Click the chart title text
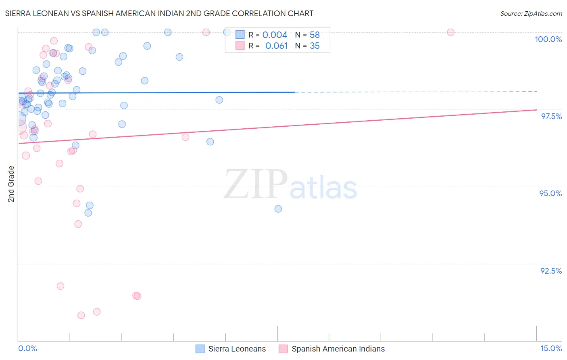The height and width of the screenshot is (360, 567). pyautogui.click(x=159, y=13)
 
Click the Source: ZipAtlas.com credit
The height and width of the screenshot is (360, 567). pyautogui.click(x=531, y=13)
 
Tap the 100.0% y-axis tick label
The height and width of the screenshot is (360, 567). pyautogui.click(x=548, y=39)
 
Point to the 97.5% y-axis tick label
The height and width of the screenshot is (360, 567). pyautogui.click(x=551, y=116)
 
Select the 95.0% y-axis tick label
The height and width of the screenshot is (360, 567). pyautogui.click(x=550, y=193)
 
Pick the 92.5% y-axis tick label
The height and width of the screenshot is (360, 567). pyautogui.click(x=551, y=271)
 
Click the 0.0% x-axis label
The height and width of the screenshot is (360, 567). pyautogui.click(x=27, y=348)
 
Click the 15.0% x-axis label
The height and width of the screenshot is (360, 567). pyautogui.click(x=551, y=348)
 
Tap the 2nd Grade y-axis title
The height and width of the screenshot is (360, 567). pyautogui.click(x=11, y=184)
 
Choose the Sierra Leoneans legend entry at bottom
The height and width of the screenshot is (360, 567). pyautogui.click(x=237, y=349)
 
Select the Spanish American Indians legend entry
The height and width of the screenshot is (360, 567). pyautogui.click(x=338, y=349)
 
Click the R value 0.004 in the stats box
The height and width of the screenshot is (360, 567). pyautogui.click(x=275, y=35)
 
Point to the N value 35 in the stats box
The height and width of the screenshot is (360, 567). pyautogui.click(x=315, y=46)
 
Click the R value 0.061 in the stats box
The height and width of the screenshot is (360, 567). pyautogui.click(x=276, y=46)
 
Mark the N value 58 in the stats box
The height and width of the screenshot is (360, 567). pyautogui.click(x=315, y=35)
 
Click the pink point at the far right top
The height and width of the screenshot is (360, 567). pyautogui.click(x=450, y=32)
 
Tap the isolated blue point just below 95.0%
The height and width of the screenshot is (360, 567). pyautogui.click(x=278, y=209)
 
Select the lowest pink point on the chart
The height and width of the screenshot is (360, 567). pyautogui.click(x=81, y=315)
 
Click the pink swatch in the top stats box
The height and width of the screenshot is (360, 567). pyautogui.click(x=240, y=46)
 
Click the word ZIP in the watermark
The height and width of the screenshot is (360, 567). pyautogui.click(x=256, y=184)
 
